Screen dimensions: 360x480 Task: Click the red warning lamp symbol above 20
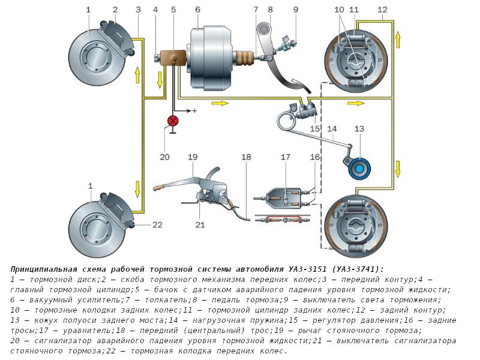(173, 121)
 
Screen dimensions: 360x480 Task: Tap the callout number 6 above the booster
(197, 10)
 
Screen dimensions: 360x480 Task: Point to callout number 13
(359, 129)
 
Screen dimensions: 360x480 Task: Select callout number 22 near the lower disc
(157, 225)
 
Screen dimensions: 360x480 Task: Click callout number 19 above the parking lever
(192, 157)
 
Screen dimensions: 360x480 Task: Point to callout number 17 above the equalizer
(286, 157)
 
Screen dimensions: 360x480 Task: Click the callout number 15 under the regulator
(315, 128)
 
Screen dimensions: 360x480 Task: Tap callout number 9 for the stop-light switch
(295, 10)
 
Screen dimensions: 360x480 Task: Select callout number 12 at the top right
(383, 10)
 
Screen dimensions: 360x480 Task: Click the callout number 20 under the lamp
(165, 157)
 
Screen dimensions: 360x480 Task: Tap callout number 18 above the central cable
(246, 157)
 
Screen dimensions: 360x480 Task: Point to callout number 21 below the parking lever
(200, 225)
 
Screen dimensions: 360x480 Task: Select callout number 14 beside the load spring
(332, 128)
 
